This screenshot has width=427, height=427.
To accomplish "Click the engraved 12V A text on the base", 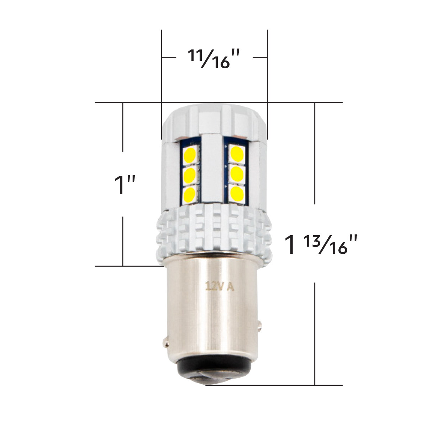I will pyautogui.click(x=219, y=286).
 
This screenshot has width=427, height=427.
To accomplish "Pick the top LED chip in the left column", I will pyautogui.click(x=190, y=155).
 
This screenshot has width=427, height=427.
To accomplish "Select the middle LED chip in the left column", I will pyautogui.click(x=190, y=174).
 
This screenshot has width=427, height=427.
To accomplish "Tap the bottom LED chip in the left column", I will pyautogui.click(x=190, y=194).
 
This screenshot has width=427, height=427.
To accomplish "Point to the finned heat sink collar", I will pyautogui.click(x=213, y=231).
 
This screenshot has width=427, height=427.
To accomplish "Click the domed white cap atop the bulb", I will pyautogui.click(x=213, y=121).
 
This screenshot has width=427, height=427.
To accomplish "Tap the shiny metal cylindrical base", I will pyautogui.click(x=213, y=313).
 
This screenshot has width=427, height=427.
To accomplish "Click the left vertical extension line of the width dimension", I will pyautogui.click(x=162, y=71).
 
